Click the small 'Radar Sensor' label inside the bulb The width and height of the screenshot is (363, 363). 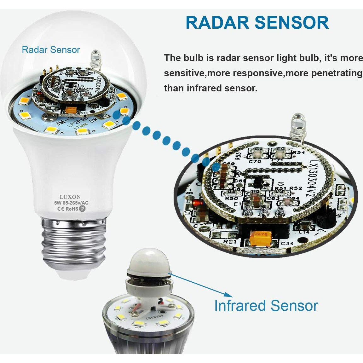(51, 50)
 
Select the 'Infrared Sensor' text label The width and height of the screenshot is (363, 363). (266, 306)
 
